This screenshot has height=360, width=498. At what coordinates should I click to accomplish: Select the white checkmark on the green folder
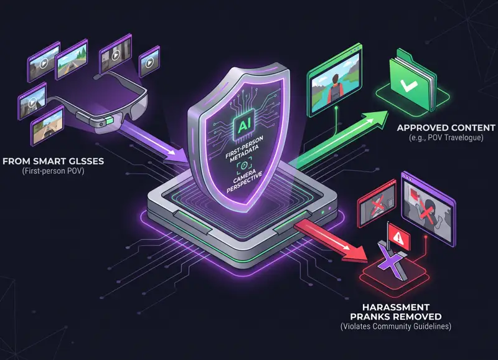[x=408, y=84]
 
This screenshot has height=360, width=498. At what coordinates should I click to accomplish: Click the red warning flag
[x=397, y=236]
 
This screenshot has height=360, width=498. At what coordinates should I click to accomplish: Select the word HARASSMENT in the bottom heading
[x=396, y=307]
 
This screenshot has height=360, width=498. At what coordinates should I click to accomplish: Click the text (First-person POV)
[x=54, y=171]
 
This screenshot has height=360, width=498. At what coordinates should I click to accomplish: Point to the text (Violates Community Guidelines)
[x=396, y=326]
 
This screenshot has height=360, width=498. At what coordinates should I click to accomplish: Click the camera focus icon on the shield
[x=244, y=165]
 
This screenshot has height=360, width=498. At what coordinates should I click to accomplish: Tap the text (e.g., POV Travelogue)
[x=446, y=138]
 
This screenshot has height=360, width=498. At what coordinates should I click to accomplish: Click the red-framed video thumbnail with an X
[x=377, y=202]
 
